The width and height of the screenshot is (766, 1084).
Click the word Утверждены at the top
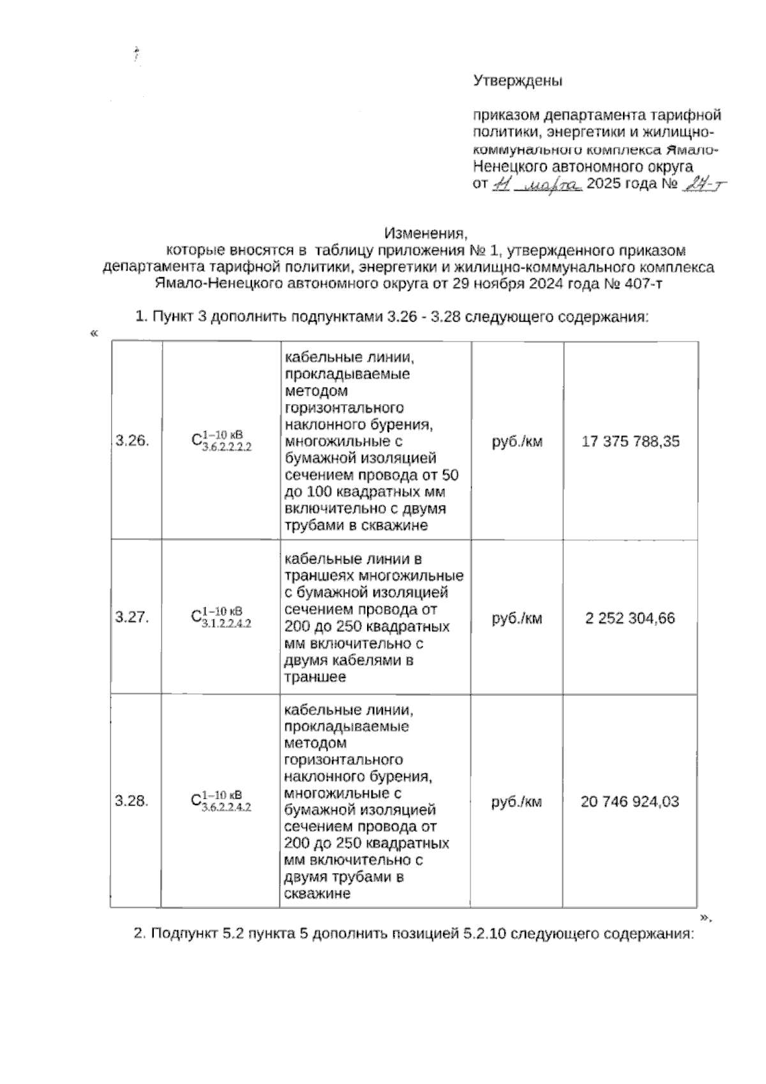pos(518,81)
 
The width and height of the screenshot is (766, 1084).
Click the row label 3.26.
pos(132,440)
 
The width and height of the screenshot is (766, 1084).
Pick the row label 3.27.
pos(132,617)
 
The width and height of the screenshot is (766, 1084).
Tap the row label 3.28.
pos(132,801)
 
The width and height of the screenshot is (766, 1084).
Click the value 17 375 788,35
pos(630,441)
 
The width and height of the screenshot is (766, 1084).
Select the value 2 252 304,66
pos(630,618)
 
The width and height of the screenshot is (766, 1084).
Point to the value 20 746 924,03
pos(629,801)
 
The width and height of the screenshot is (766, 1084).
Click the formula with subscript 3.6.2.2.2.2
pos(222,441)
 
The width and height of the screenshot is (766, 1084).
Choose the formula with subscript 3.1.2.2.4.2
pos(222,617)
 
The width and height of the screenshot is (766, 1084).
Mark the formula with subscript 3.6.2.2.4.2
pos(222,801)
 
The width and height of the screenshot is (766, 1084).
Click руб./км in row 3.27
pos(517,618)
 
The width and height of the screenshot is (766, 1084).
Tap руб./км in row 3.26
pos(517,441)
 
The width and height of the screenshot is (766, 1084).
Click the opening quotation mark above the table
pos(94,333)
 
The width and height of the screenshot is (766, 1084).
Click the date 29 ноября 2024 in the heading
pos(510,283)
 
